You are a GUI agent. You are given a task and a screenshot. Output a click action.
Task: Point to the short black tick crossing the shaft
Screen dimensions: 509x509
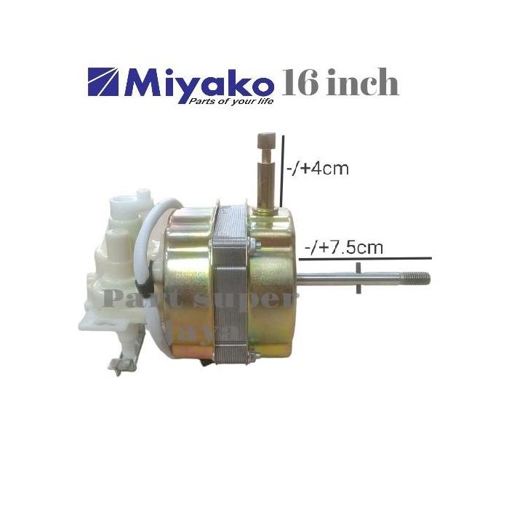point(359,278)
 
